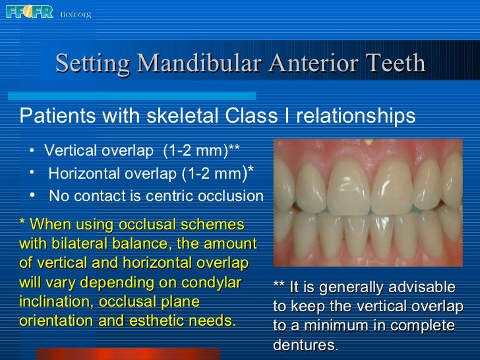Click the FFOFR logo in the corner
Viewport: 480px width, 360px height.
click(x=29, y=12)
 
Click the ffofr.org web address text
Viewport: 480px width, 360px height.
click(x=76, y=13)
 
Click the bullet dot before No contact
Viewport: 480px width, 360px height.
click(x=32, y=195)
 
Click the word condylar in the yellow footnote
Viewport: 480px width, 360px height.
click(x=212, y=283)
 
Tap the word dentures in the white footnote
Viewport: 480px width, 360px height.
click(x=303, y=344)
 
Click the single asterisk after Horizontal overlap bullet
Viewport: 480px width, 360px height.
click(x=251, y=171)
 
